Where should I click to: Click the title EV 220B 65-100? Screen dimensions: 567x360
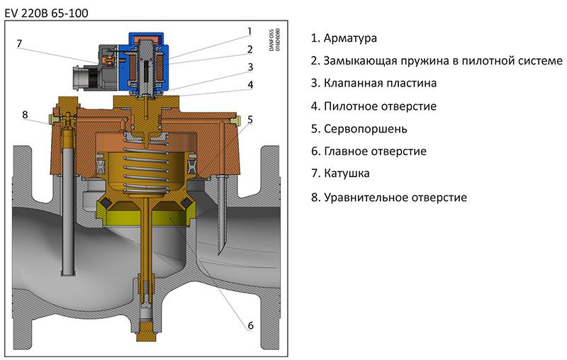(x=46, y=13)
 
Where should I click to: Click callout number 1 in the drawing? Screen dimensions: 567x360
(x=249, y=31)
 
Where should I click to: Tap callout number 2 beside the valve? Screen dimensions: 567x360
(x=249, y=49)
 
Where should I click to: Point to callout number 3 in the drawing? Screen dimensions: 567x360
(x=250, y=67)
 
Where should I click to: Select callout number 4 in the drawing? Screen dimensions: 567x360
(x=250, y=85)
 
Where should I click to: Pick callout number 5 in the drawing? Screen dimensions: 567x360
(x=250, y=120)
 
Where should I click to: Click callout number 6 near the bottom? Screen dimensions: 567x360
(x=250, y=325)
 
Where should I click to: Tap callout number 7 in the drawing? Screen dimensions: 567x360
(x=19, y=44)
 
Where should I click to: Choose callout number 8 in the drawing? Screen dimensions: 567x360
(x=25, y=115)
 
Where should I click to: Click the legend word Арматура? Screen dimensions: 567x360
(x=350, y=38)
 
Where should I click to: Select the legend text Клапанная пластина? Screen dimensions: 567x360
(x=380, y=83)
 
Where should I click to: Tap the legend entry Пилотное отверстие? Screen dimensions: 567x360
(x=380, y=106)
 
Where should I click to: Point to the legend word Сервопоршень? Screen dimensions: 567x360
(x=365, y=129)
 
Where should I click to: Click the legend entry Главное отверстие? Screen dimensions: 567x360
(x=375, y=151)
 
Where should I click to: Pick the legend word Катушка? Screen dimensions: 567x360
(x=347, y=174)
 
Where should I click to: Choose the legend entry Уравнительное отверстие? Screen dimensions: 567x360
(x=395, y=197)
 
